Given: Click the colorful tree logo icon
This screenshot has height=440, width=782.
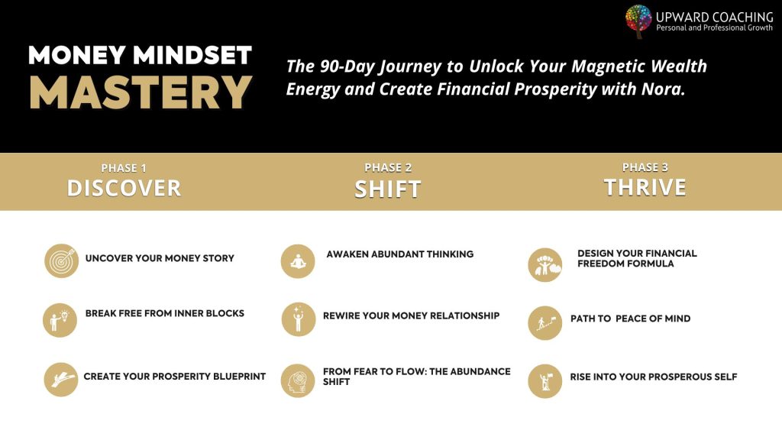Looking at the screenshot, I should click(x=638, y=21).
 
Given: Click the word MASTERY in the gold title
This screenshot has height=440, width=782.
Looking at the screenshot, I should click(x=141, y=92).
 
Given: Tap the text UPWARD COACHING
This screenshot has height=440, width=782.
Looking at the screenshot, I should click(x=714, y=17).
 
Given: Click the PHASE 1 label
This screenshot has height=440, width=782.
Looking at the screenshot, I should click(x=124, y=168).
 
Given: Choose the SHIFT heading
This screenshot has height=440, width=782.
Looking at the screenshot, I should click(x=388, y=189).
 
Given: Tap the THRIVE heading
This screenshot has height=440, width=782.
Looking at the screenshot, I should click(x=645, y=187).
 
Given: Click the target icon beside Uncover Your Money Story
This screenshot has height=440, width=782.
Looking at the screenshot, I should click(x=61, y=260).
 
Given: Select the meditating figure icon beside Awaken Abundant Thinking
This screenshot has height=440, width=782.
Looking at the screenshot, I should click(x=298, y=261).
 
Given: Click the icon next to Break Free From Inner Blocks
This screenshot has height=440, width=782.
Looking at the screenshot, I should click(x=60, y=320).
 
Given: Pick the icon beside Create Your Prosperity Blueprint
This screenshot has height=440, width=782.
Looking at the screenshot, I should click(x=60, y=380).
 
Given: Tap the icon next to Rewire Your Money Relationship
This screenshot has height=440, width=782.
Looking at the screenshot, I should click(x=298, y=319).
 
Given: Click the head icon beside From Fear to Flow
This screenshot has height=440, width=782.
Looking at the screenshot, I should click(x=298, y=380).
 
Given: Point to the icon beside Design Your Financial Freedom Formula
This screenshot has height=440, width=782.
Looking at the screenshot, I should click(x=544, y=264).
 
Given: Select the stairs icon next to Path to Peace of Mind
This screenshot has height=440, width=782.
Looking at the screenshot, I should click(x=544, y=322).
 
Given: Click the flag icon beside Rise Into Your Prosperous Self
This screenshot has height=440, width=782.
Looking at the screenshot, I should click(x=544, y=380).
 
